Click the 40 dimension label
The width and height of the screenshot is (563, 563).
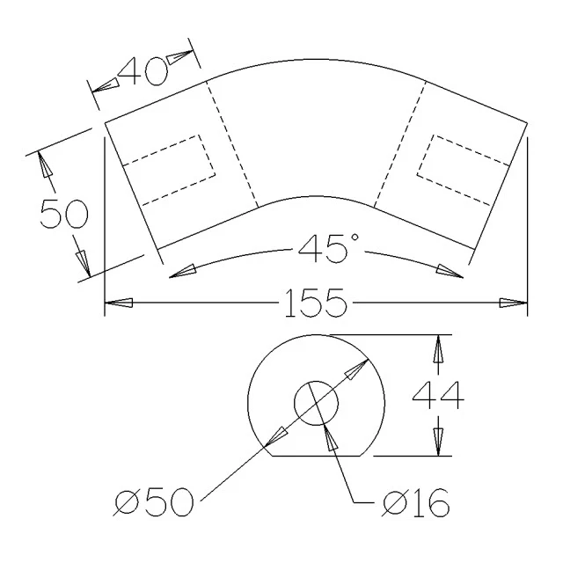click(143, 71)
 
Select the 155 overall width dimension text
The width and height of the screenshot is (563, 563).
click(316, 303)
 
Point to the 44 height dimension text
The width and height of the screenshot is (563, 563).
click(438, 395)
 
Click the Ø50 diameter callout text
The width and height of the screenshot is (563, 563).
click(155, 501)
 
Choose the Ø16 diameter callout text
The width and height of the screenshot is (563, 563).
click(415, 502)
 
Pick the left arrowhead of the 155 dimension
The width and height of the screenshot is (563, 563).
click(119, 303)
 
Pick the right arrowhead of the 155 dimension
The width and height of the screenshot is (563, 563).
click(514, 303)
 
